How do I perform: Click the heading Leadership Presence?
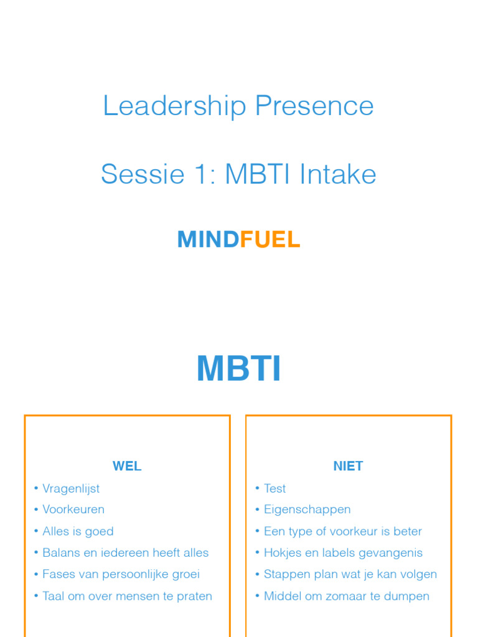point(238,106)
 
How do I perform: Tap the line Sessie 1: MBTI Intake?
point(238,174)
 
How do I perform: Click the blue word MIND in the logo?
point(208,239)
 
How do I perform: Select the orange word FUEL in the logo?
point(270,239)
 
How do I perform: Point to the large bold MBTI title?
point(239,369)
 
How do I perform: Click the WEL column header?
point(127,466)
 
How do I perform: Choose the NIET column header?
point(348,466)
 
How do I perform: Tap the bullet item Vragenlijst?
point(71,488)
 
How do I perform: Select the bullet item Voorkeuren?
point(73,509)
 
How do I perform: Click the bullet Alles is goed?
point(78,531)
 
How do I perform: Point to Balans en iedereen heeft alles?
point(125,552)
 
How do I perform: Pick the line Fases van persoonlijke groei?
point(121,574)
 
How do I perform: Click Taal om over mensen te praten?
point(127,596)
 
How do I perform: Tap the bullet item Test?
point(274,488)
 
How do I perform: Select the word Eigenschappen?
point(307,509)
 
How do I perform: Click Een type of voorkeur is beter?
point(342,531)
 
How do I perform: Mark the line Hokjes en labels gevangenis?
point(343,552)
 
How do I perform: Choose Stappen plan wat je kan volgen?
point(350,574)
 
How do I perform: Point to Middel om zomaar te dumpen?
point(346,596)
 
